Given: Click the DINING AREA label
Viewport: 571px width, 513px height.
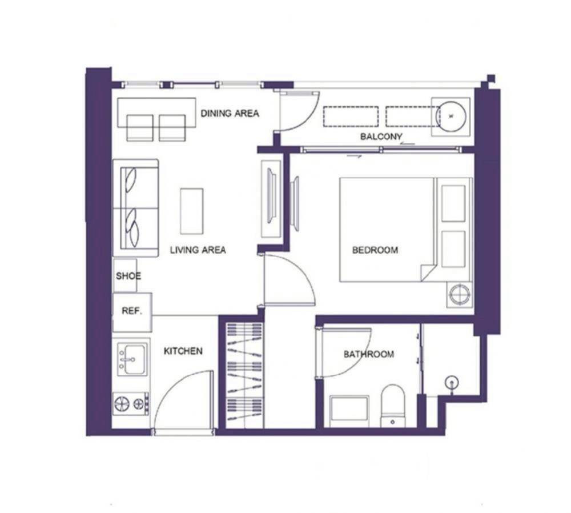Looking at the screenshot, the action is click(x=230, y=113).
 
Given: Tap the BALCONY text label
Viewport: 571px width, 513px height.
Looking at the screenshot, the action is click(x=381, y=137).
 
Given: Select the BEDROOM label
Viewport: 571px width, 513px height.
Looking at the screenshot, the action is click(x=375, y=250).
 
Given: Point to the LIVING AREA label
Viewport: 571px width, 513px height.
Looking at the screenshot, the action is click(x=198, y=250).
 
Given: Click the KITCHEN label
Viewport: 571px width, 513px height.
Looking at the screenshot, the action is click(x=183, y=351).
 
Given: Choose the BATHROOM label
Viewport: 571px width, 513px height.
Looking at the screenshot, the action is click(x=368, y=354).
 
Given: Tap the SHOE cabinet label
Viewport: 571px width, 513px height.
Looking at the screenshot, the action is click(x=128, y=276).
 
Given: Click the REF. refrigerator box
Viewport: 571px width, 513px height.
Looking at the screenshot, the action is click(x=132, y=312).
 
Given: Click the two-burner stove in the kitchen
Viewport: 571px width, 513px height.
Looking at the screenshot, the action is click(x=131, y=404).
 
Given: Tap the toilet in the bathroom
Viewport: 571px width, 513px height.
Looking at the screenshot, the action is click(x=393, y=406).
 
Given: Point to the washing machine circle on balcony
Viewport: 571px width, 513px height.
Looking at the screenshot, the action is click(x=451, y=117).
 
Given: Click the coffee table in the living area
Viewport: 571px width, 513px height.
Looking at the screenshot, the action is click(x=191, y=211).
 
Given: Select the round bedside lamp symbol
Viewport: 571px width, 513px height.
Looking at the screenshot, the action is click(x=460, y=294).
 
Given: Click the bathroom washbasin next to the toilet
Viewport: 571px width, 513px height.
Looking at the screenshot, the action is click(x=349, y=411).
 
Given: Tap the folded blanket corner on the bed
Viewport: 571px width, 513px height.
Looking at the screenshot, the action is click(x=429, y=272).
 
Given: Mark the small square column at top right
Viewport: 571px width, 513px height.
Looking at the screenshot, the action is click(x=491, y=78).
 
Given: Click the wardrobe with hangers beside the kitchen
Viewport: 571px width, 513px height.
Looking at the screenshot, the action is click(x=245, y=376).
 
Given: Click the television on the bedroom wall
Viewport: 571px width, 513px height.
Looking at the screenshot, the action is click(x=295, y=204).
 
